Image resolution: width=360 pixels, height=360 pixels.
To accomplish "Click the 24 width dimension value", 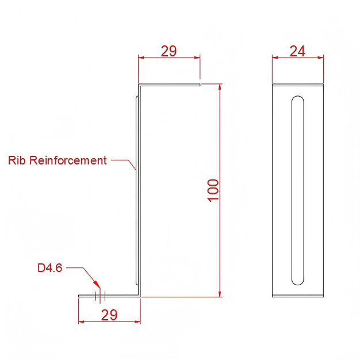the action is (x=297, y=51).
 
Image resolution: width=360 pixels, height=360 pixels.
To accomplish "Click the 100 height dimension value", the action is (x=213, y=190).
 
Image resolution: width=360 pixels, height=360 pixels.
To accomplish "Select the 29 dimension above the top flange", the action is (x=168, y=51).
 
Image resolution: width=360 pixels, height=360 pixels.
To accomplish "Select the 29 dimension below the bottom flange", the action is (x=109, y=315).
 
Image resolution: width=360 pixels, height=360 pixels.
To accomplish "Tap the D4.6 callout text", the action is (x=49, y=268).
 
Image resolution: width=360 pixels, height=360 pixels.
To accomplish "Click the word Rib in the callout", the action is (x=17, y=160).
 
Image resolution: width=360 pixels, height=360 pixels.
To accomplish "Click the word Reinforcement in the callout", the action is (x=68, y=160).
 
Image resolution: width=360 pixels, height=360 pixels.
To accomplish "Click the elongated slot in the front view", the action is (x=298, y=190).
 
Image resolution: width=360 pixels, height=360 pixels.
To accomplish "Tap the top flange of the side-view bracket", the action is (x=169, y=85).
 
